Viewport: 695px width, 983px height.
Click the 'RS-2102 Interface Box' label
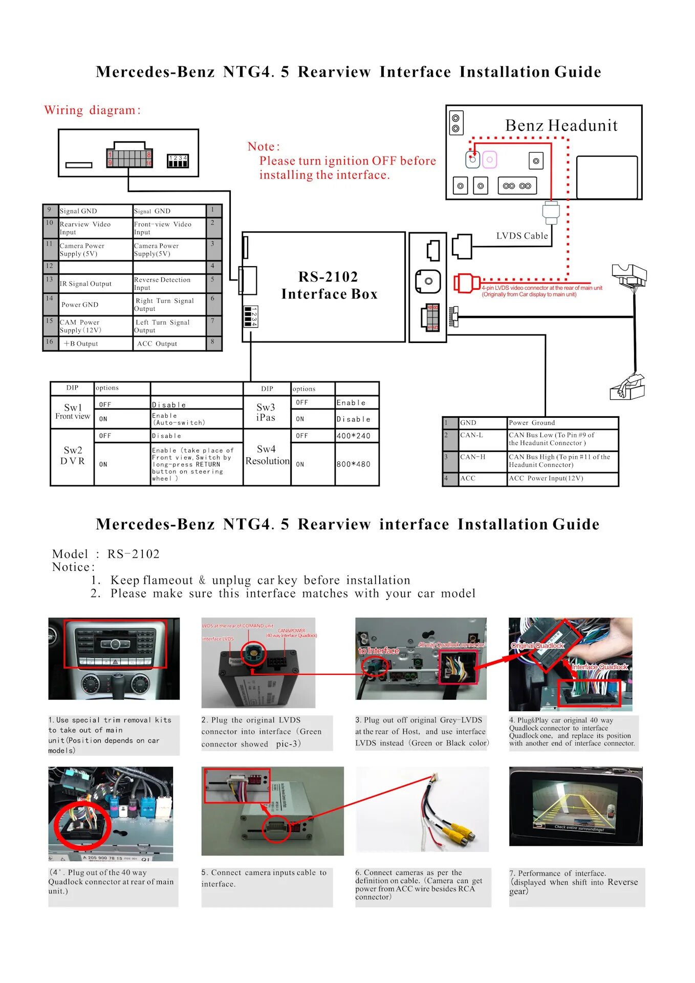329,285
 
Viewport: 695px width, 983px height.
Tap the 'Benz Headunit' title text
561,125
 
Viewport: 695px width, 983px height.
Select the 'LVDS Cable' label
522,236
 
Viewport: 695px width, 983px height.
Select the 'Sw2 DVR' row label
73,455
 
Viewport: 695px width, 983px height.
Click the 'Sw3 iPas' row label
266,412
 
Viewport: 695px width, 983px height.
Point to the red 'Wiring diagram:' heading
92,110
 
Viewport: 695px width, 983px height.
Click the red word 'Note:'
264,146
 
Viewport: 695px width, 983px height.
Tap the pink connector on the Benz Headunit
490,160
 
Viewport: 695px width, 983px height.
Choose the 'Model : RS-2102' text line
106,554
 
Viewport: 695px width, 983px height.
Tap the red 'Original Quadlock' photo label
537,646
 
